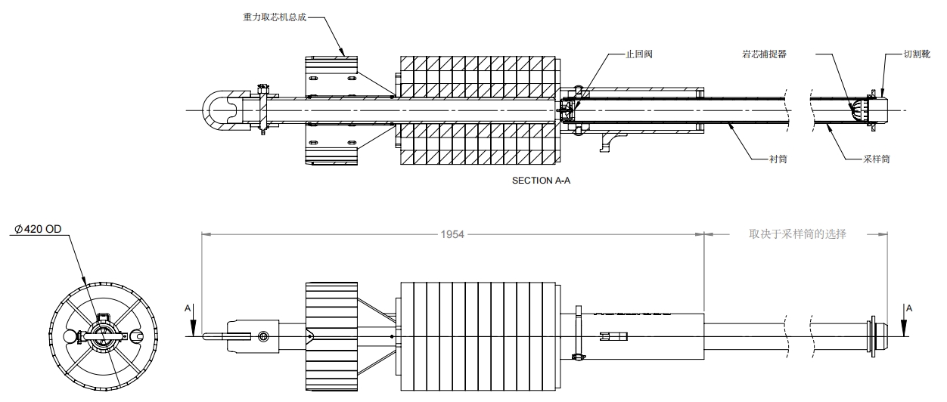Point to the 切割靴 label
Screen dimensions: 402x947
click(x=916, y=55)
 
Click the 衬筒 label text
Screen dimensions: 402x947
click(x=778, y=159)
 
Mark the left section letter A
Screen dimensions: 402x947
click(x=188, y=308)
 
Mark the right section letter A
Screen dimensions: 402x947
click(x=909, y=308)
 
